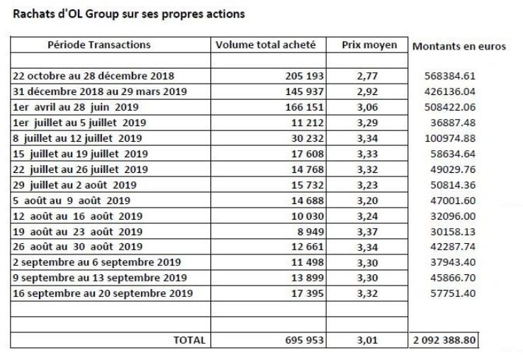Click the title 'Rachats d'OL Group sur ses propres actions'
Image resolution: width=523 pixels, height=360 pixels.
point(129,14)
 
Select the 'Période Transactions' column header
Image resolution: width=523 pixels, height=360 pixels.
point(99,45)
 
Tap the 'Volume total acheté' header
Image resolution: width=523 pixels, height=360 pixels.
point(266,45)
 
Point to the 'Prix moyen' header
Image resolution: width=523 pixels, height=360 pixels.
point(369,45)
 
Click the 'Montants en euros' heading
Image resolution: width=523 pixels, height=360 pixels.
point(459,46)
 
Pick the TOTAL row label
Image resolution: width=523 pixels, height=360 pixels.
point(189,340)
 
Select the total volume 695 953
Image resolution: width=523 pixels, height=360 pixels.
point(305,340)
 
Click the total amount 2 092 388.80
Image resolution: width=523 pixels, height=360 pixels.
point(444,340)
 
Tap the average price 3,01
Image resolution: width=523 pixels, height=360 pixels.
point(367,340)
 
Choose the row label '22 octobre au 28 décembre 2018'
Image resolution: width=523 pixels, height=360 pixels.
point(94,76)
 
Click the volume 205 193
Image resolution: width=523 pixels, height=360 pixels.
point(305,76)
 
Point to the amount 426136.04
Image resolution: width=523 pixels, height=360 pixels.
point(450,91)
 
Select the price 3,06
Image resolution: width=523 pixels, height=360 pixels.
point(367,108)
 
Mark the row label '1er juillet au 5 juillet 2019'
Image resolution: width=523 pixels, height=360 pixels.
point(79,123)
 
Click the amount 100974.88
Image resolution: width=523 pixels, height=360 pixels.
point(450,138)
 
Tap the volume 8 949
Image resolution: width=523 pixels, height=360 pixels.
point(310,232)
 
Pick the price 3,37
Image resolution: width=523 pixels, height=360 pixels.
point(367,232)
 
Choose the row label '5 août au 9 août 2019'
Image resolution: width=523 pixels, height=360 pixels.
point(72,201)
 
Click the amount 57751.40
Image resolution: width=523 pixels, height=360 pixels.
point(453,293)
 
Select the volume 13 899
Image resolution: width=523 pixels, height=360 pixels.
point(308,278)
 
